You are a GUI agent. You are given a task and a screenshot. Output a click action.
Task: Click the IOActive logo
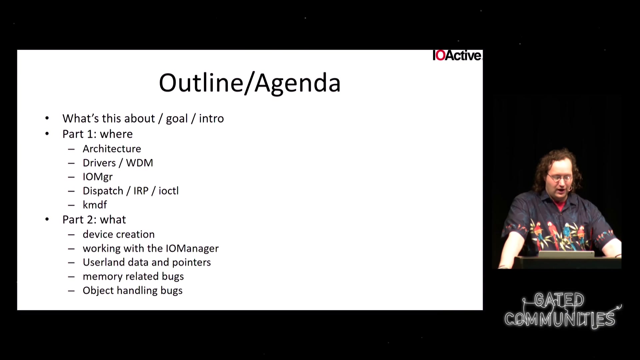(457, 55)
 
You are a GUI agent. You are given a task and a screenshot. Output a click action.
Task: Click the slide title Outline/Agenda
(250, 83)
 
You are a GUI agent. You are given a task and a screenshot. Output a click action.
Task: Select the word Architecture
(112, 149)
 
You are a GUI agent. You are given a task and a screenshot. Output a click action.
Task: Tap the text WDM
(140, 163)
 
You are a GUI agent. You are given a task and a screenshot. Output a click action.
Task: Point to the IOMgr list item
(98, 177)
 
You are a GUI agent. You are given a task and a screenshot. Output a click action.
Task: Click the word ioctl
(169, 191)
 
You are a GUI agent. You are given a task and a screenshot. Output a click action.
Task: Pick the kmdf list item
(95, 205)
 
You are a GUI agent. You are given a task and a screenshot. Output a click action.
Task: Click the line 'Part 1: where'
(98, 134)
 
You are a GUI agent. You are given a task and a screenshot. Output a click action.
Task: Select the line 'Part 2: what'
(94, 220)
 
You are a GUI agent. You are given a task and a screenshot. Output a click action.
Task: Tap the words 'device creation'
(119, 234)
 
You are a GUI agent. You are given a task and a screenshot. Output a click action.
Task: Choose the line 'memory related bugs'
(133, 276)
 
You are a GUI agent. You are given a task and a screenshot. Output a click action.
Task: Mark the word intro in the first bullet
(211, 118)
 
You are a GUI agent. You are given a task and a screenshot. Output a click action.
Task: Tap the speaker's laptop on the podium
(567, 254)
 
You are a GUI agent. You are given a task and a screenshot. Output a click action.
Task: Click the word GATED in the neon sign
(559, 300)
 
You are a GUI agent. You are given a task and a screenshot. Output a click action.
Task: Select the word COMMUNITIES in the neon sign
(560, 319)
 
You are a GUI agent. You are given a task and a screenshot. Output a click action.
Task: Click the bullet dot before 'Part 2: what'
(47, 219)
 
